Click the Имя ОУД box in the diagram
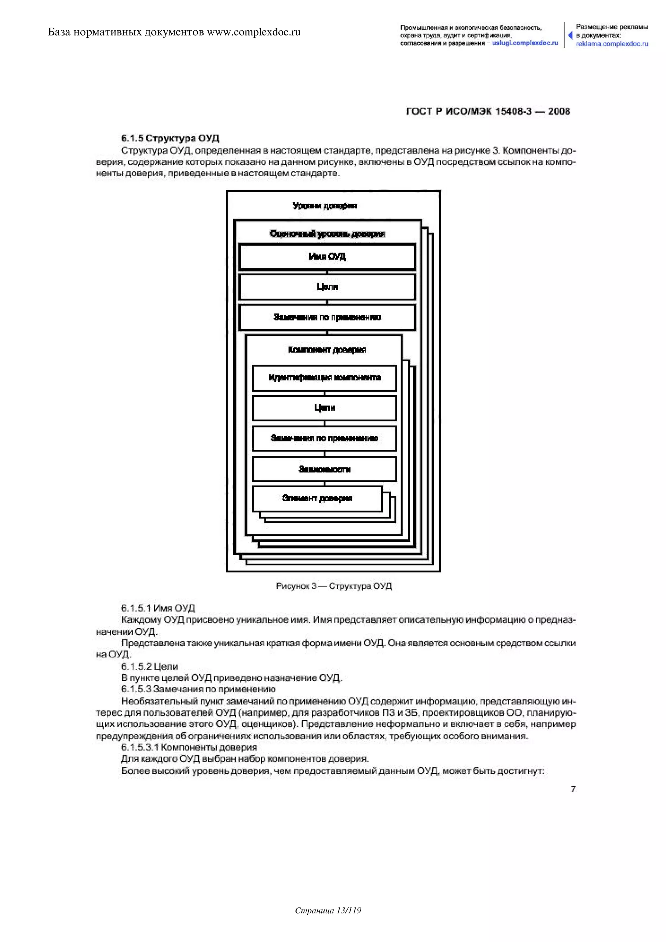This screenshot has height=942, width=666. pyautogui.click(x=327, y=257)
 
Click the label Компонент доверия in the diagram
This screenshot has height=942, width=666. pyautogui.click(x=327, y=350)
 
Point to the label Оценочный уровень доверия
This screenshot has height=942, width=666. pyautogui.click(x=327, y=234)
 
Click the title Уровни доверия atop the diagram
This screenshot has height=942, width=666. pyautogui.click(x=325, y=206)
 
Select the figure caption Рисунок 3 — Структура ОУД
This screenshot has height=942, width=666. pyautogui.click(x=333, y=586)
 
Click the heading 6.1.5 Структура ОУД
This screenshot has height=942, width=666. pyautogui.click(x=170, y=138)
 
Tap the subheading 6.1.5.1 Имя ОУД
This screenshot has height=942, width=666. pyautogui.click(x=158, y=608)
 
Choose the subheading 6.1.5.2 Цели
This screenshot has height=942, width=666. pyautogui.click(x=149, y=666)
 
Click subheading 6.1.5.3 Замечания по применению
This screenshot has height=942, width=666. pyautogui.click(x=198, y=689)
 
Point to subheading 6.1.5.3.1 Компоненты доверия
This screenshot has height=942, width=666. pyautogui.click(x=189, y=747)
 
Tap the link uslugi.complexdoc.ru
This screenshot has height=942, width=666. pyautogui.click(x=525, y=43)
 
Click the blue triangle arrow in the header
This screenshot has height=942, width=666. pyautogui.click(x=570, y=35)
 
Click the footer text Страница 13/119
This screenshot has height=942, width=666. pyautogui.click(x=328, y=922)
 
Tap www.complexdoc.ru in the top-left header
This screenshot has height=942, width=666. pyautogui.click(x=254, y=32)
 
